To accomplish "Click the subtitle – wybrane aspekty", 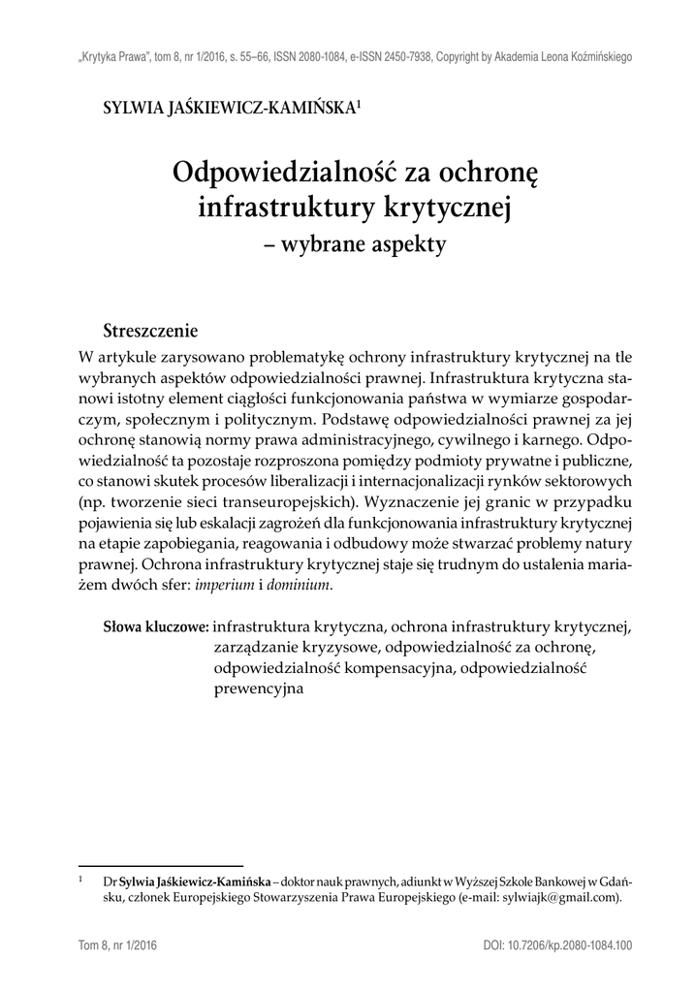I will click(x=354, y=243).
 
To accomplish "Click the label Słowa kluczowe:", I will click(x=156, y=626).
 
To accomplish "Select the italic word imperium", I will click(x=226, y=585).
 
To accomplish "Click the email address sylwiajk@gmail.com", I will click(x=554, y=899).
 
